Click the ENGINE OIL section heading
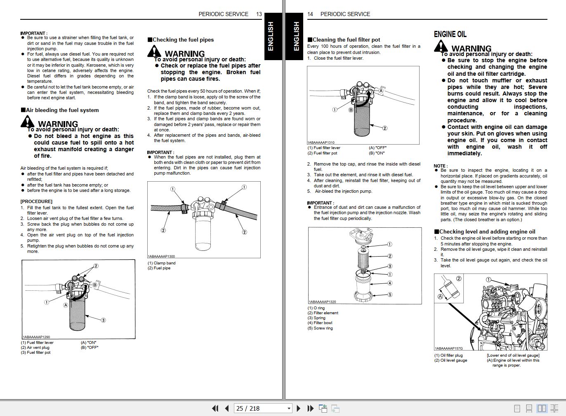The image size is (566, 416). point(450,34)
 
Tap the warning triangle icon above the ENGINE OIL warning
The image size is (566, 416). point(441,47)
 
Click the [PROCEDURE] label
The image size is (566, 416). point(36,201)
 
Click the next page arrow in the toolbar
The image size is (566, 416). point(299,408)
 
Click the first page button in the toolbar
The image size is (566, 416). point(215,408)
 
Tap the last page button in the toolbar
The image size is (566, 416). point(311,408)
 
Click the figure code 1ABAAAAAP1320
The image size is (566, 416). point(322,302)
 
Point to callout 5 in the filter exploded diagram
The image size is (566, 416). point(390,294)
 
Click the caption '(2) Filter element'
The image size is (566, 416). point(323,313)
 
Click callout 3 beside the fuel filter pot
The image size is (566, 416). point(103,320)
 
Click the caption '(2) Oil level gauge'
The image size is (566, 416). point(450,360)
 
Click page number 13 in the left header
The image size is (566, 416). point(259,14)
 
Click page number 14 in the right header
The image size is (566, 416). point(310,14)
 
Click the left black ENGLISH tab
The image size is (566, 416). point(271,36)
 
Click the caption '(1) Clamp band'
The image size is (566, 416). point(161,263)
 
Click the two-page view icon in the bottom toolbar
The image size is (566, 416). point(542,408)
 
